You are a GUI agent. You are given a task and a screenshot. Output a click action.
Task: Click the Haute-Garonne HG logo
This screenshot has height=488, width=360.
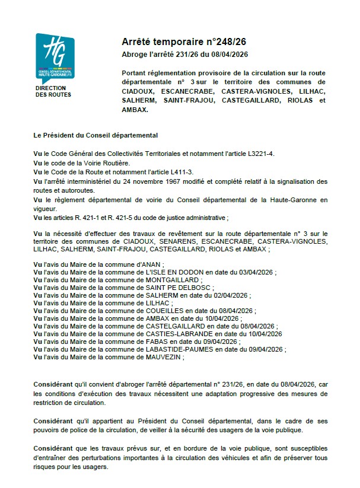pos(55,56)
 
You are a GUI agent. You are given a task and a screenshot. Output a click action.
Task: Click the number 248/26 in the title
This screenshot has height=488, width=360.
pos(215,43)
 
